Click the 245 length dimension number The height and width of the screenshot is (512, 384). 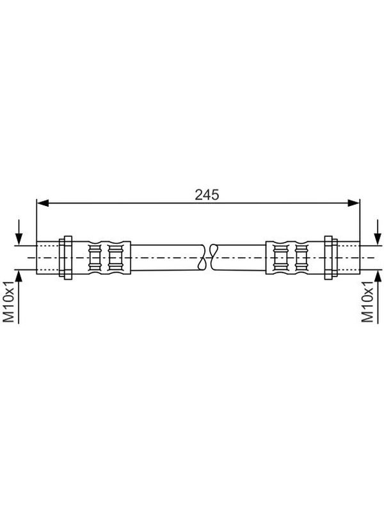tap(207, 195)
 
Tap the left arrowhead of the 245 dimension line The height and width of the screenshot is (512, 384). tap(43, 203)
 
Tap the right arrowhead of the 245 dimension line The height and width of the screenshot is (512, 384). tap(354, 203)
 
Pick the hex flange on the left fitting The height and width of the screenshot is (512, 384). tap(66, 258)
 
